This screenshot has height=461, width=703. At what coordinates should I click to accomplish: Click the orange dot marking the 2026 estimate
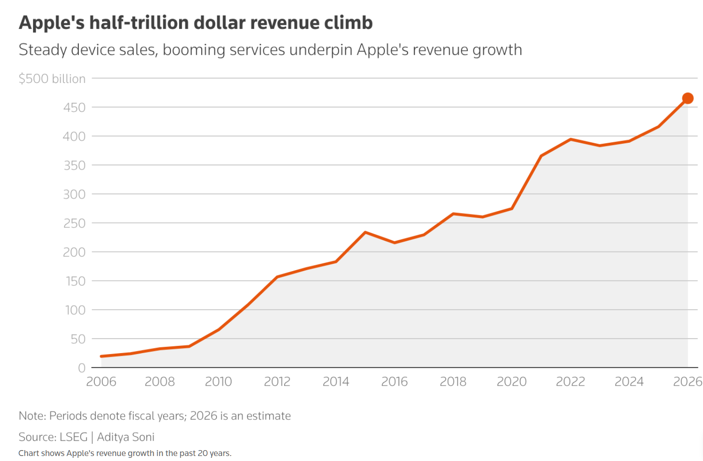pyautogui.click(x=688, y=98)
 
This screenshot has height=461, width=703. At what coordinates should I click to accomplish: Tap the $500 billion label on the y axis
pyautogui.click(x=52, y=79)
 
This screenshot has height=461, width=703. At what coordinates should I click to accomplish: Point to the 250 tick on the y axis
pyautogui.click(x=74, y=223)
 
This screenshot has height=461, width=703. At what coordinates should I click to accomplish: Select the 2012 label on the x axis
pyautogui.click(x=277, y=382)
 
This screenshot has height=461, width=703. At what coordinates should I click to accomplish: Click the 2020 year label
pyautogui.click(x=511, y=382)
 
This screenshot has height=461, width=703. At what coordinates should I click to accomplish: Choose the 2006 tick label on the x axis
pyautogui.click(x=101, y=382)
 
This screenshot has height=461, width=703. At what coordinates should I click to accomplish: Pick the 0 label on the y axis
pyautogui.click(x=82, y=368)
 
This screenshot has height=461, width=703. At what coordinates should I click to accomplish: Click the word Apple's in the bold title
pyautogui.click(x=52, y=23)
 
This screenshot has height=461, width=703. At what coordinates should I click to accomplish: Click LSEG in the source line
pyautogui.click(x=73, y=437)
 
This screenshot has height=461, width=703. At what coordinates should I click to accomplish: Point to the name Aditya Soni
pyautogui.click(x=126, y=437)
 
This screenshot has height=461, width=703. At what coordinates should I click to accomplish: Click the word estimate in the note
pyautogui.click(x=269, y=416)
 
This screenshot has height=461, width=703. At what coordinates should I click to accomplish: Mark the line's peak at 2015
pyautogui.click(x=365, y=233)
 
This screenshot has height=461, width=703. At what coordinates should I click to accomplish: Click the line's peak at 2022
pyautogui.click(x=570, y=139)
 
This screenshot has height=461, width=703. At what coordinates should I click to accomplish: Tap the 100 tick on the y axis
pyautogui.click(x=75, y=310)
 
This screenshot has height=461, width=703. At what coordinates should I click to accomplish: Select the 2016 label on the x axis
pyautogui.click(x=394, y=382)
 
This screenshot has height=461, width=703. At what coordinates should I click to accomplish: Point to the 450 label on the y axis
pyautogui.click(x=74, y=107)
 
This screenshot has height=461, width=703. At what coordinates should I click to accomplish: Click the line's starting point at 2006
pyautogui.click(x=102, y=356)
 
